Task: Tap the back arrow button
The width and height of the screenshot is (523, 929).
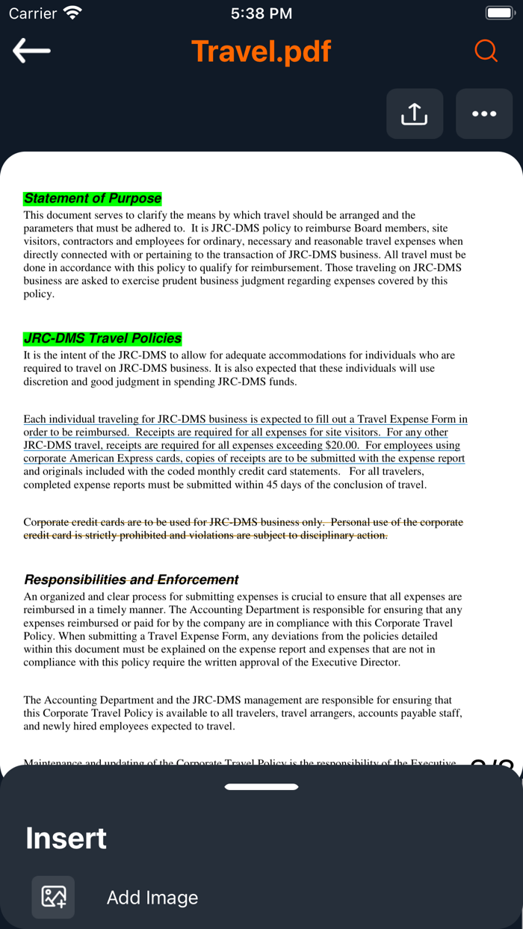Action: coord(31,51)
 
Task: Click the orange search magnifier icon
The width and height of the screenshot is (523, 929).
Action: coord(486,51)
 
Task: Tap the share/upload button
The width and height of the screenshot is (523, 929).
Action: coord(414,114)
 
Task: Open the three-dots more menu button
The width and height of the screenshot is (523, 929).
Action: coord(484,114)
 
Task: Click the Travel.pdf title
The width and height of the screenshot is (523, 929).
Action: coord(261,52)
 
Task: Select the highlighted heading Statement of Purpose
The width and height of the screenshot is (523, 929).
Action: coord(93,199)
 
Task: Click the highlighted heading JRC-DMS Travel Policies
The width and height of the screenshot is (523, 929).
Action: coord(102,338)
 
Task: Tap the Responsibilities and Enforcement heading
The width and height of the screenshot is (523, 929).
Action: coord(131,580)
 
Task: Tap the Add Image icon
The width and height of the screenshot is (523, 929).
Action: coord(53,897)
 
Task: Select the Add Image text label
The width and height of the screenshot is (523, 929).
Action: coord(152,898)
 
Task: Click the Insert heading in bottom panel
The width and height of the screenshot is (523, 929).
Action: coord(66,838)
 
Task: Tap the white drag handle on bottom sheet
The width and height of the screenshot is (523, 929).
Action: coord(261,786)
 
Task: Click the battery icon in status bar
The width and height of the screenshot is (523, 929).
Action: coord(499,13)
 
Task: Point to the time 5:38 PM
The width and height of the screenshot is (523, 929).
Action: coord(261,13)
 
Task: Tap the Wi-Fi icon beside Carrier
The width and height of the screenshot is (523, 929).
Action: coord(72,13)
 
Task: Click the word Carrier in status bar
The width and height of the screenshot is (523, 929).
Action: coord(33,13)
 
